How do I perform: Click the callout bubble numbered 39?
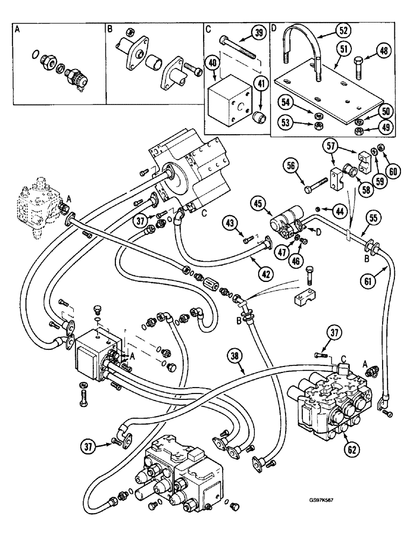click(x=259, y=35)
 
